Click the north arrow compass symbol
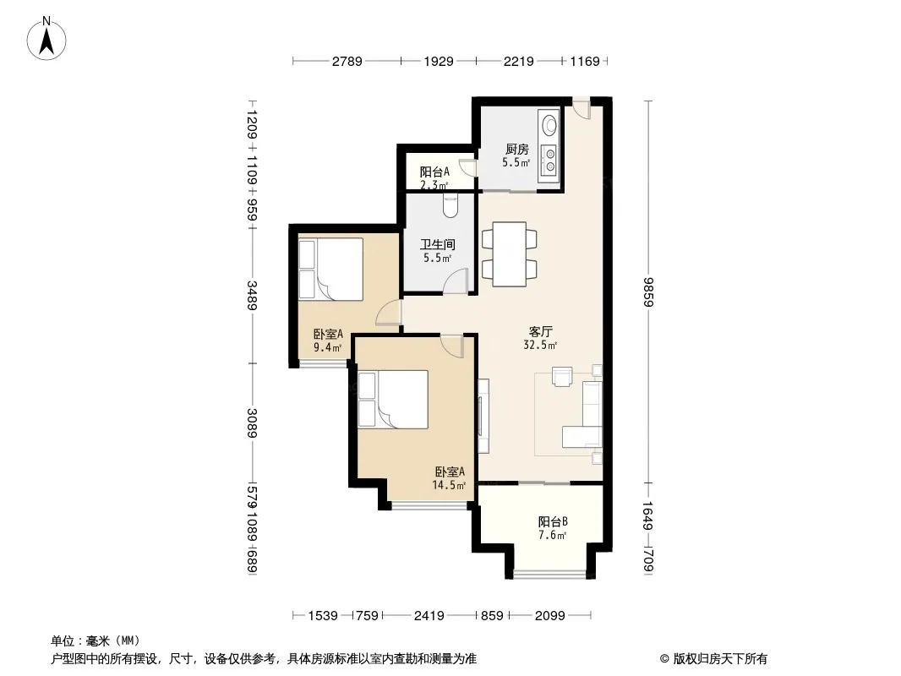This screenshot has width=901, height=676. (x=46, y=39)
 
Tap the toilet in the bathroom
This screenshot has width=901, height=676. (x=450, y=206)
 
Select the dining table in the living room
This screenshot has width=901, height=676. (x=510, y=253)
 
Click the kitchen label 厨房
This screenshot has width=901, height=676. (x=516, y=150)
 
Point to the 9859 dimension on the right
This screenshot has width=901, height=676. (x=648, y=292)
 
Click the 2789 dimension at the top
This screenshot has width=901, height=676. (x=347, y=61)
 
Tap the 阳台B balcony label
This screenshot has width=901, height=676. (x=553, y=521)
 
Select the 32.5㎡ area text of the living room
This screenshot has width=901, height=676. (x=540, y=345)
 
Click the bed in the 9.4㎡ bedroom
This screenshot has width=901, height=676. (x=330, y=269)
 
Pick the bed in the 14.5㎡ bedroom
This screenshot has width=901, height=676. (x=393, y=399)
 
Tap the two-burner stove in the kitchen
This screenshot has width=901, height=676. (x=549, y=160)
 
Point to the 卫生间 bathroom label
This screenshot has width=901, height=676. (x=437, y=245)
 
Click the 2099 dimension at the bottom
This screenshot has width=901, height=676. (x=550, y=616)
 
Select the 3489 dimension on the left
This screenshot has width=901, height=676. (x=252, y=295)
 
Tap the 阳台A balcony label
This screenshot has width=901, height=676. (x=434, y=172)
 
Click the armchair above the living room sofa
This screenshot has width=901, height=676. (x=562, y=376)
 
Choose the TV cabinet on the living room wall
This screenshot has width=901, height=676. (x=483, y=416)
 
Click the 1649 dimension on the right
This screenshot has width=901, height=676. (x=648, y=515)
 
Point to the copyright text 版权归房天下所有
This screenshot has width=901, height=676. (x=720, y=659)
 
